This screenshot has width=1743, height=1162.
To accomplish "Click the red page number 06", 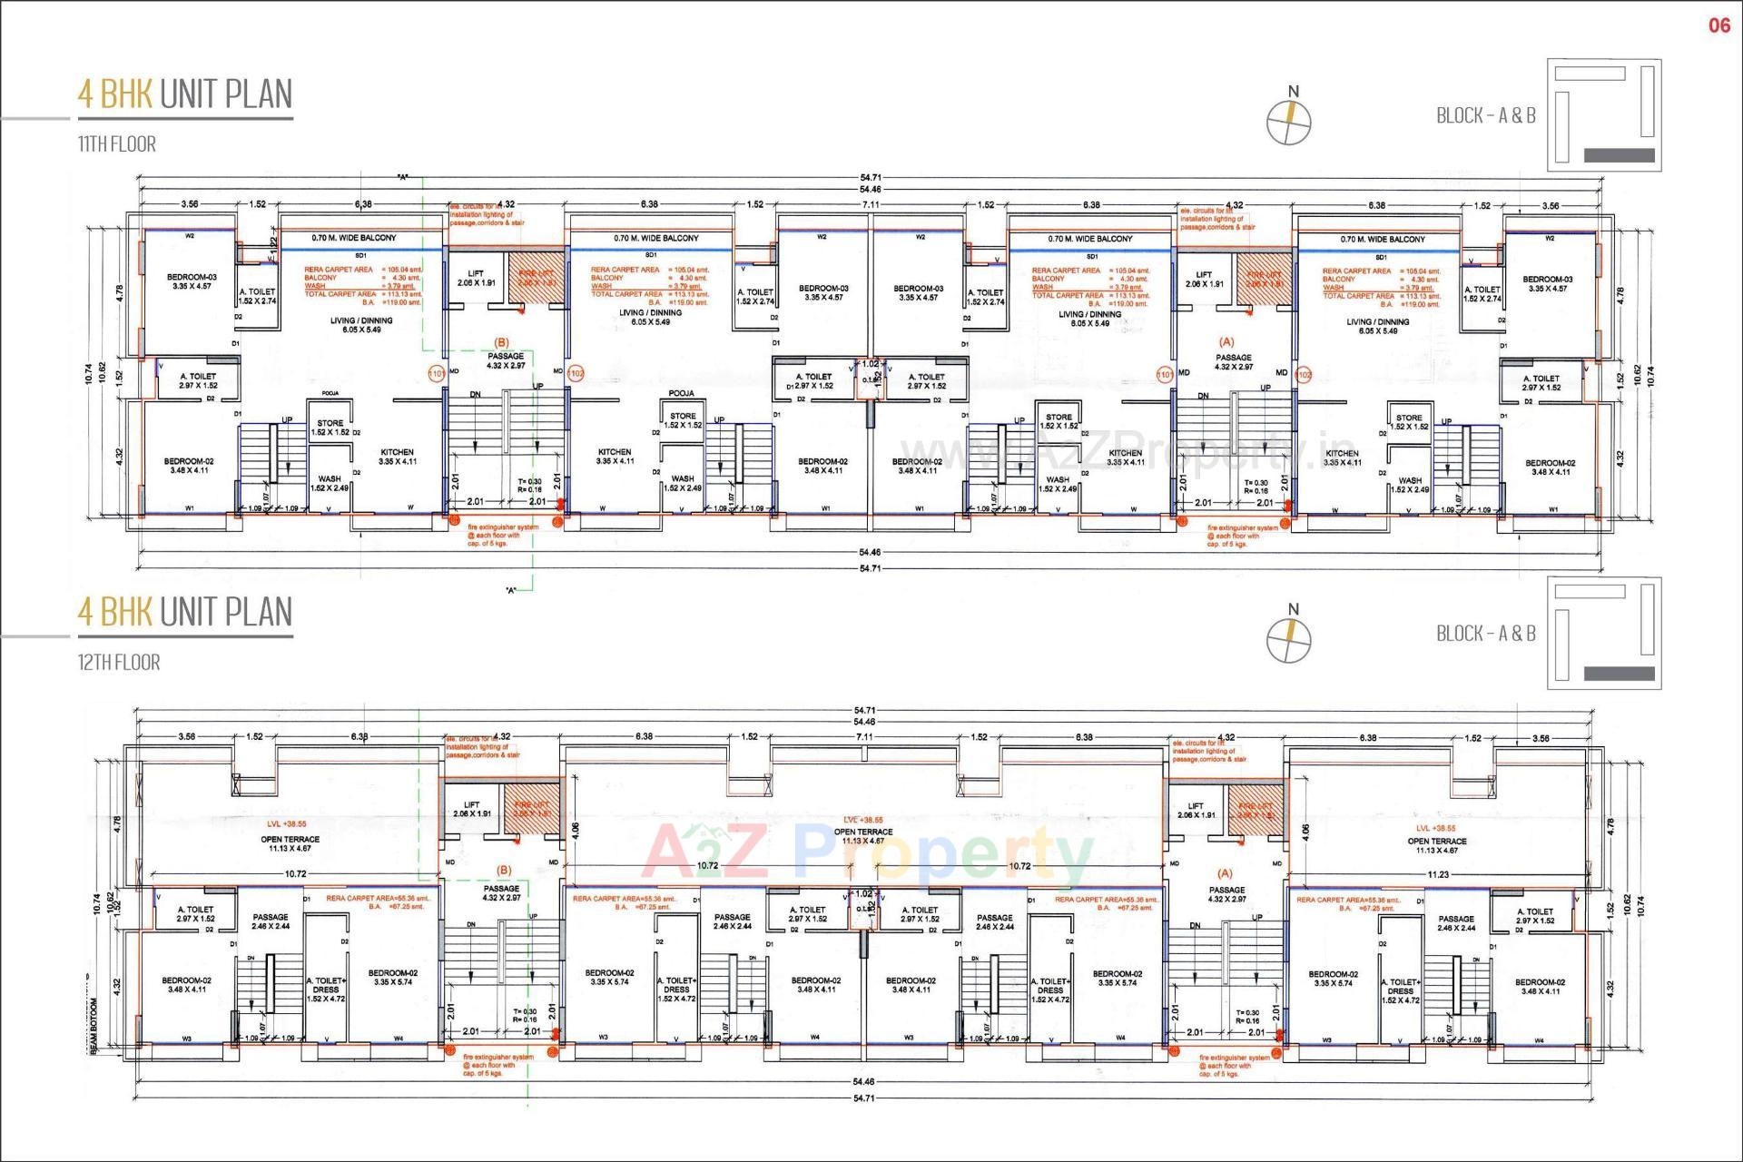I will pos(1719,25).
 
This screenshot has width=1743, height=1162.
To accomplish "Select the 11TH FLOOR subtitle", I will pos(116,144).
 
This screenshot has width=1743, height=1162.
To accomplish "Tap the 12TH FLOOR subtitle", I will pos(118,663).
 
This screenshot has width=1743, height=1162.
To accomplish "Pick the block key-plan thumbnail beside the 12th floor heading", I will pos(1603,633).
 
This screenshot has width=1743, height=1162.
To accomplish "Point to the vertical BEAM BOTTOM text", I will pos(94,1025).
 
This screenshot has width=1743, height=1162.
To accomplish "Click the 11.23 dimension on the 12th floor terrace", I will pos(1437,875).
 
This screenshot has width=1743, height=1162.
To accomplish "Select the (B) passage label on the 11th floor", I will pos(501,342).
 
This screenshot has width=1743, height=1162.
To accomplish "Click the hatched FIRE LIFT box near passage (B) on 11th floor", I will pos(536,278).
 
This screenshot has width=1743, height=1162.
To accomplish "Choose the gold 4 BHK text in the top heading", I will pos(114,94).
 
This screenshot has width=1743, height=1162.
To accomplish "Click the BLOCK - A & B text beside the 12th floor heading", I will pos(1485,634).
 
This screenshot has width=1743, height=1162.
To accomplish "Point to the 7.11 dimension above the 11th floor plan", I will pos(871,205).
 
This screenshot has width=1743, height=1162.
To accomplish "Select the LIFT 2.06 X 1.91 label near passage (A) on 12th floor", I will pos(1195,811).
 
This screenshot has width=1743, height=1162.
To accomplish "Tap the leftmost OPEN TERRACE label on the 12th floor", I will pos(290,839).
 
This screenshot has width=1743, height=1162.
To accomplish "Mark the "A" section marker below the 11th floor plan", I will pos(511,590).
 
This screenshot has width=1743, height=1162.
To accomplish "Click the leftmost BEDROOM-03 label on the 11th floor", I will pos(192,281).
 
